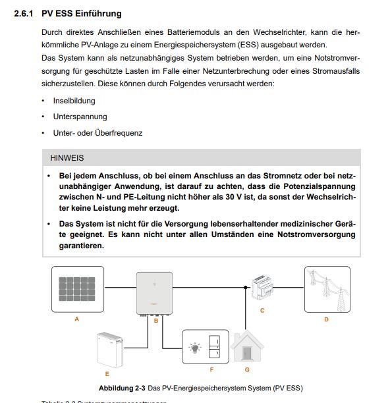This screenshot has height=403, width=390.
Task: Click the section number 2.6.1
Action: pos(24,14)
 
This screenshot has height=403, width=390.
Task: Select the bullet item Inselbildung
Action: pos(74,101)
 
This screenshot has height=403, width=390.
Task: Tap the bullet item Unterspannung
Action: pos(80,117)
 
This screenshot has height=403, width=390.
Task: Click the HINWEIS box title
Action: pos(67,158)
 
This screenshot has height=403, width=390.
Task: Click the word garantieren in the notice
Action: pos(82,246)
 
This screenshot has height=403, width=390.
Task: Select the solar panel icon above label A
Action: pos(77,289)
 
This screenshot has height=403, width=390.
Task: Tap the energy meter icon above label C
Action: pos(262,287)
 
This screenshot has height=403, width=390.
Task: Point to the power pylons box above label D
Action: pos(327,289)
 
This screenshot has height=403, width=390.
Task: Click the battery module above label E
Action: pos(110,350)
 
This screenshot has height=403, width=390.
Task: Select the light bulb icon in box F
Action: pos(195,348)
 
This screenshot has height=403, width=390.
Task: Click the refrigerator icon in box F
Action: pos(214,347)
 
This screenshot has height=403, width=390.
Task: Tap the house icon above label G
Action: pos(247,346)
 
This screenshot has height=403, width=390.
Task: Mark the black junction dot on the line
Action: pos(246,287)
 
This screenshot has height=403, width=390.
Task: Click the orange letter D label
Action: pos(326,319)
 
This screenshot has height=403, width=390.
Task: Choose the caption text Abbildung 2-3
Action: pos(122,388)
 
